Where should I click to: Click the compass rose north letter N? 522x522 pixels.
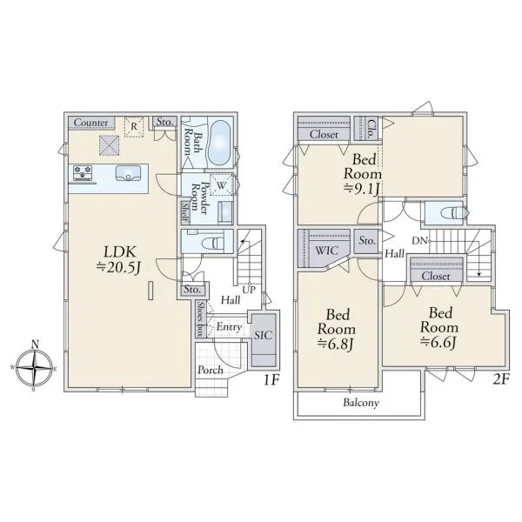coord(35,345)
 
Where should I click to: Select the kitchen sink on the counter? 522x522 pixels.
coord(128,173)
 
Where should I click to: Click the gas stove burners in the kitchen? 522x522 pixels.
coord(83,173)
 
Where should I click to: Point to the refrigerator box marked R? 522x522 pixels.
coord(134,126)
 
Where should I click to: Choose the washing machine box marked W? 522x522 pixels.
coord(222,185)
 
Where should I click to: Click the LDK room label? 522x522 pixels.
coord(120,251)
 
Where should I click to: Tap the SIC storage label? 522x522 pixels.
coord(263,335)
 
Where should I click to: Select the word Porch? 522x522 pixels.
coord(211,370)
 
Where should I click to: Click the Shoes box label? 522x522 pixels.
coord(200,319)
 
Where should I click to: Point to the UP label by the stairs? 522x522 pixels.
coord(249,290)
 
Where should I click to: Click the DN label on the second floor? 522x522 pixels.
coord(419,241)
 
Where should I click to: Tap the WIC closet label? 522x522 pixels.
coord(326,251)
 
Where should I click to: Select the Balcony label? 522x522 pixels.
coord(361,403)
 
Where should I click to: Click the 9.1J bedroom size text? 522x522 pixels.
coord(362,189)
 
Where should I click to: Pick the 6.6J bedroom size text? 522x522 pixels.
coord(438,342)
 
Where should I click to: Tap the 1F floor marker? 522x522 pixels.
coord(271,379)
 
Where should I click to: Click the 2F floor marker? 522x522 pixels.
coord(501,379)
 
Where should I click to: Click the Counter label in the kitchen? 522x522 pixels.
coord(90,123)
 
